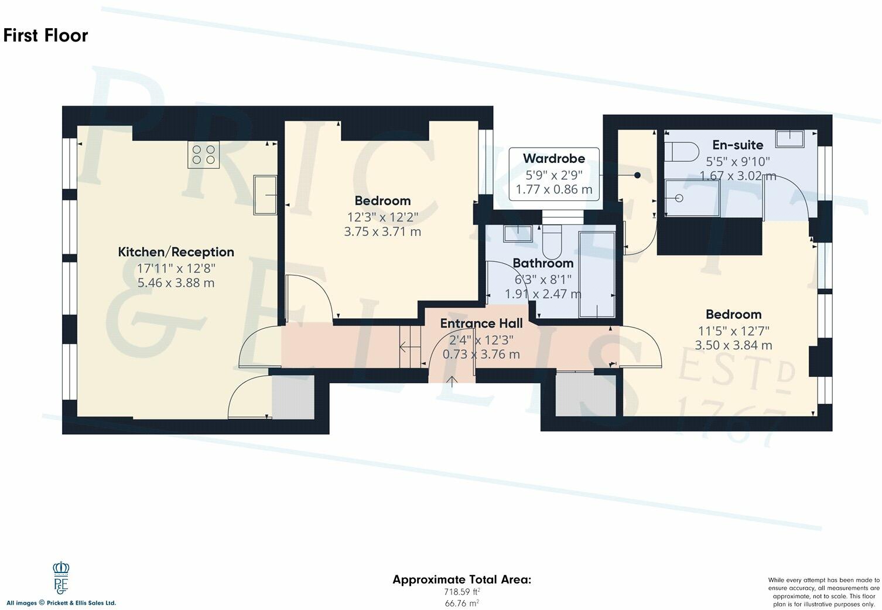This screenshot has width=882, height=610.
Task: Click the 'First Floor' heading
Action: pyautogui.click(x=46, y=36)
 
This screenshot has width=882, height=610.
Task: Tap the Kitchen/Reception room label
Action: pyautogui.click(x=176, y=252)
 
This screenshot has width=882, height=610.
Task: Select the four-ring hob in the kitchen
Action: pyautogui.click(x=203, y=154)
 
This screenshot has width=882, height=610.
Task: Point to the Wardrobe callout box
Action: pyautogui.click(x=553, y=174)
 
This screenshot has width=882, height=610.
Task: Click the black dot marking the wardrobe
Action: pyautogui.click(x=637, y=175)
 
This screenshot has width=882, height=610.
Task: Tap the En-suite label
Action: pyautogui.click(x=737, y=145)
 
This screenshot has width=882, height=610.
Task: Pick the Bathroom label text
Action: pyautogui.click(x=543, y=263)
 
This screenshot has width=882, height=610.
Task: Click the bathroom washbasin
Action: pyautogui.click(x=518, y=233)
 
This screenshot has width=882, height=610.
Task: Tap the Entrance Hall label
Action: pyautogui.click(x=481, y=323)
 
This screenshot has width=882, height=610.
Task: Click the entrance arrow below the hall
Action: pyautogui.click(x=452, y=382)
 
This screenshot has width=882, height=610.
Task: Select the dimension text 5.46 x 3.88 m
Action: pyautogui.click(x=176, y=283)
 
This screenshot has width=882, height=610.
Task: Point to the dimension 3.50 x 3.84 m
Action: pyautogui.click(x=733, y=345)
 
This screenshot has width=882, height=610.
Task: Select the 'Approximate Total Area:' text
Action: pyautogui.click(x=461, y=580)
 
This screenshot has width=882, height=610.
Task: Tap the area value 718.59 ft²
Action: pyautogui.click(x=461, y=592)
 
